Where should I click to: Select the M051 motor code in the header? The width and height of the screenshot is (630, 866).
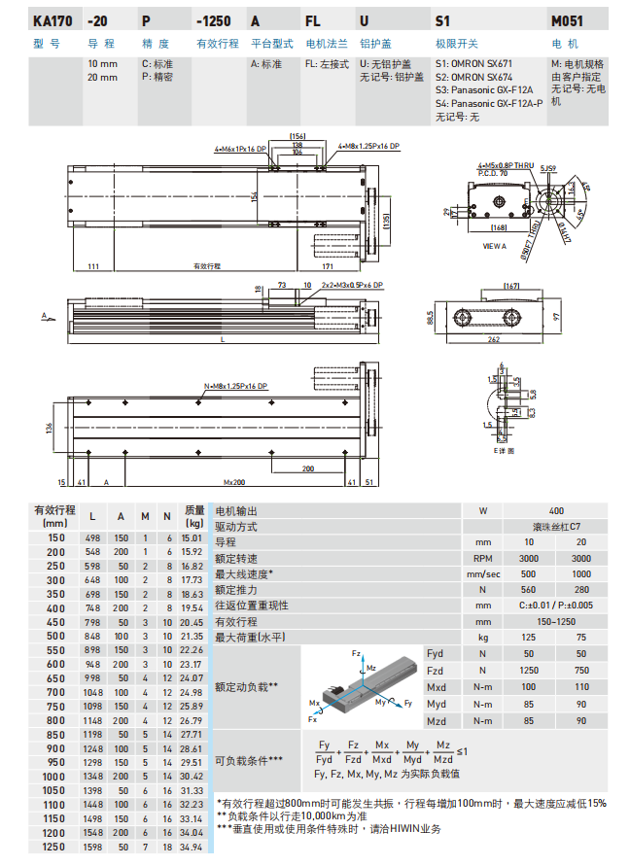click(x=569, y=19)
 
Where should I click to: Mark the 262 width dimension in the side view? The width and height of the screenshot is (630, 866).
click(x=521, y=339)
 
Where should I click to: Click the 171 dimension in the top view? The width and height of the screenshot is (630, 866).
click(x=329, y=265)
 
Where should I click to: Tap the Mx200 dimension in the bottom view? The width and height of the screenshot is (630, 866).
click(x=234, y=481)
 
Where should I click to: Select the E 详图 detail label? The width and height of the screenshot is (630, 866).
click(x=502, y=451)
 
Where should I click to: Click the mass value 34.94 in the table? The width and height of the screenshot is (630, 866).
click(x=192, y=849)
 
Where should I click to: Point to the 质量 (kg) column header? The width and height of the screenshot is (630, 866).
click(x=194, y=515)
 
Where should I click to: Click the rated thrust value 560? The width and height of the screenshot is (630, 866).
click(x=528, y=589)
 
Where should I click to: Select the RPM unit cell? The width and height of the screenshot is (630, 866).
click(x=482, y=558)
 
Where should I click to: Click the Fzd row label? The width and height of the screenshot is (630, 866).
click(x=435, y=671)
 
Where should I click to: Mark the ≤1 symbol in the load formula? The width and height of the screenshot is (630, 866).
click(x=463, y=752)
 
